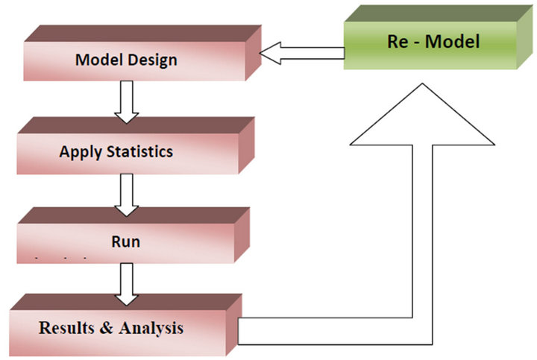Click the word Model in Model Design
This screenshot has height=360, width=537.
pyautogui.click(x=97, y=60)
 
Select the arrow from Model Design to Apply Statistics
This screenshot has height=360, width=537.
pyautogui.click(x=127, y=100)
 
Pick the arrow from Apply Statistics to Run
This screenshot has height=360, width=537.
pyautogui.click(x=127, y=192)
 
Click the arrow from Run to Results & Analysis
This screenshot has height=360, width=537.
pyautogui.click(x=127, y=284)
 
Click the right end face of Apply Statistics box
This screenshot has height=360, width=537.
pyautogui.click(x=245, y=146)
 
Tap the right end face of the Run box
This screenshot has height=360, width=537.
pyautogui.click(x=244, y=236)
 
